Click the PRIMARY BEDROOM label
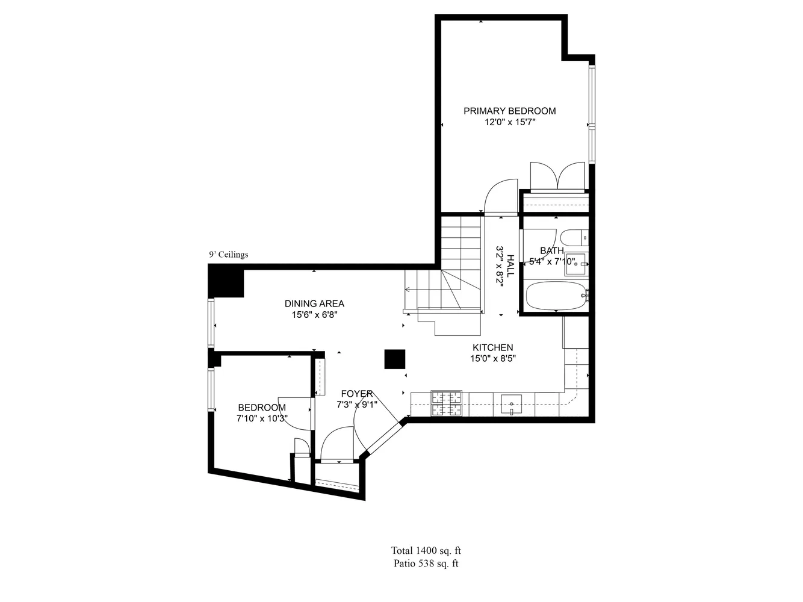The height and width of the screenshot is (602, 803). click(509, 111)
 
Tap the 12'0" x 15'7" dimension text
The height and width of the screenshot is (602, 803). click(510, 122)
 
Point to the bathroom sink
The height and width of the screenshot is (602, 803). click(575, 263)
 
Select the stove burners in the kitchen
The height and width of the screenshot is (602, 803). click(445, 404)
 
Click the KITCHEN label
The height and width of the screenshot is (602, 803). click(492, 347)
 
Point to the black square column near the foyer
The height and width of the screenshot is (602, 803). click(395, 359)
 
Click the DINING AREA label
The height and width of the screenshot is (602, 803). click(314, 303)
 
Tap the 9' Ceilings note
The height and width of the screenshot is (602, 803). click(228, 255)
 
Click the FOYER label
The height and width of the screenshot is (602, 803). click(354, 394)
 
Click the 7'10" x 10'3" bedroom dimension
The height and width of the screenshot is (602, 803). click(261, 419)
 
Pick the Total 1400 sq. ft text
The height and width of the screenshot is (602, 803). click(426, 550)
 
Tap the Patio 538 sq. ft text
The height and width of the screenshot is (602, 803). click(426, 564)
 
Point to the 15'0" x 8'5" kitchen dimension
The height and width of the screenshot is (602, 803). click(492, 359)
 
